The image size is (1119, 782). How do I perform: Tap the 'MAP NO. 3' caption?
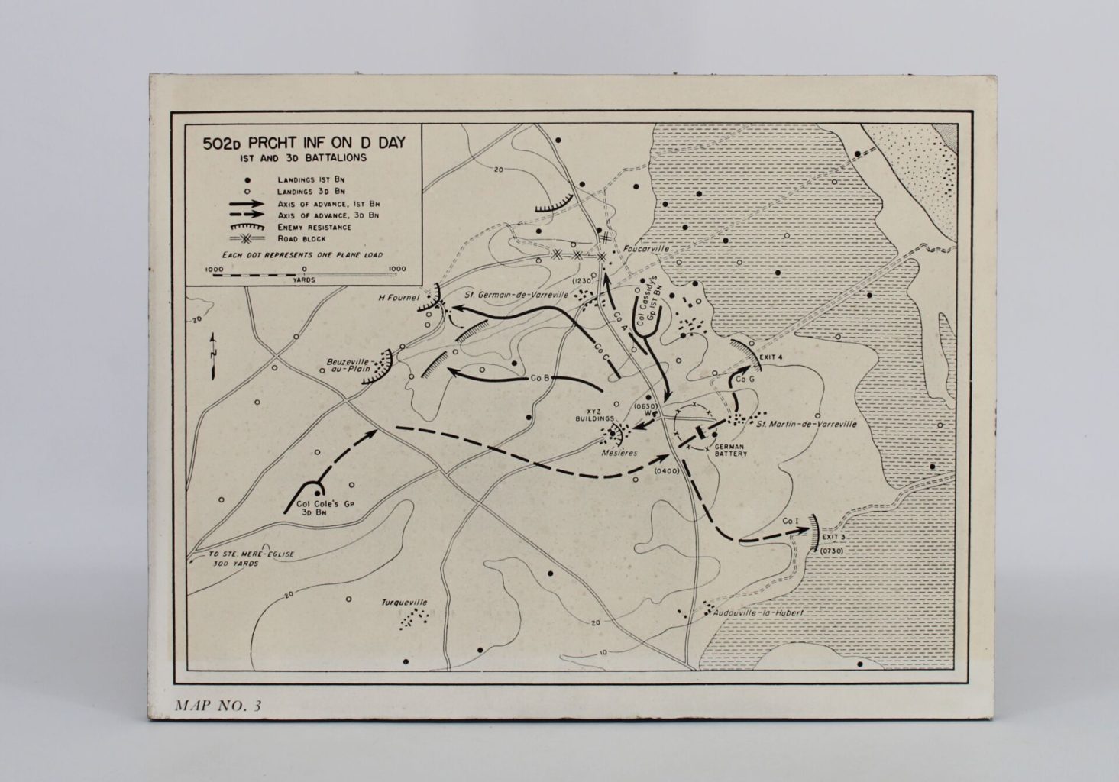[x=218, y=705]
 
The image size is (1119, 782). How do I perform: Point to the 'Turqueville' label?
[x=404, y=603]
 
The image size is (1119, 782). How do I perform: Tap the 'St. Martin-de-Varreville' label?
[x=806, y=424]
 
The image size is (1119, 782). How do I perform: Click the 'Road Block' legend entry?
[x=304, y=239]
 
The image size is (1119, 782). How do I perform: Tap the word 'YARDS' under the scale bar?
[x=304, y=280]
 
